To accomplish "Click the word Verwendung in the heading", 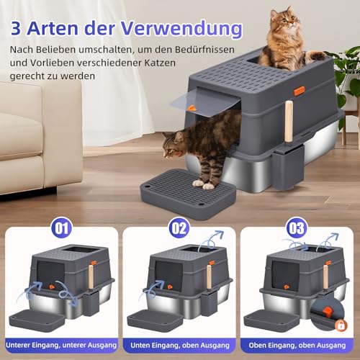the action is tap(181, 28).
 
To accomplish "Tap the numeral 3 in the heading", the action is tap(16, 28).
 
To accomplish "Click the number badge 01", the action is tap(62, 228).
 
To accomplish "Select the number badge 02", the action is tap(179, 228).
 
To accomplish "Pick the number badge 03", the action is tap(297, 228).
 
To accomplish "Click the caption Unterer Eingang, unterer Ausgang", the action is tap(61, 346).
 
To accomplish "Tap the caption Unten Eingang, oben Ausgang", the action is tap(180, 346).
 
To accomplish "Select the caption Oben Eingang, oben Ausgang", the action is tap(297, 346).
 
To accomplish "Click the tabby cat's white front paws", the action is tap(204, 185).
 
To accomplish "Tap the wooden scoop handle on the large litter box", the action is tap(289, 122).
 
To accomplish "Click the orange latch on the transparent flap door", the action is tap(192, 108).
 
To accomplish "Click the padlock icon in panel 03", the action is tap(341, 325).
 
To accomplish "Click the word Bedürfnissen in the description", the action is tap(204, 50).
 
